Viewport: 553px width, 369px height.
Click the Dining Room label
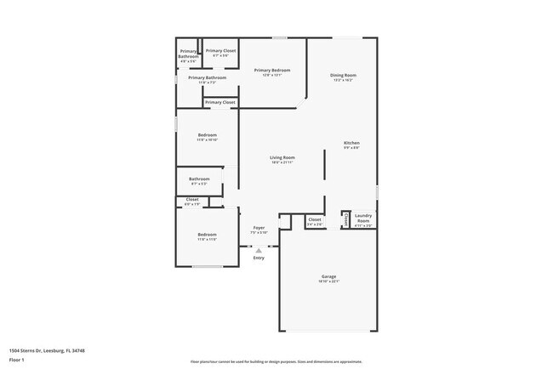click(x=343, y=76)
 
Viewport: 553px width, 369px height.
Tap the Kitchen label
click(x=351, y=142)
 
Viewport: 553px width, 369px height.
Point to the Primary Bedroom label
click(x=272, y=70)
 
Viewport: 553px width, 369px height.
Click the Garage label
click(x=329, y=277)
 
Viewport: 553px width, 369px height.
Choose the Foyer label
click(x=259, y=227)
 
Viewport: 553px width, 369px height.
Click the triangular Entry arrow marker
click(x=259, y=249)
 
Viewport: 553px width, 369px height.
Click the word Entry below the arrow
click(x=259, y=258)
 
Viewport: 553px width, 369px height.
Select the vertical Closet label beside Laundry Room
click(x=345, y=220)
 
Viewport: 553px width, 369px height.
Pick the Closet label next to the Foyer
click(x=314, y=219)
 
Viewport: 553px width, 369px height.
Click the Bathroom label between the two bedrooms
click(x=199, y=179)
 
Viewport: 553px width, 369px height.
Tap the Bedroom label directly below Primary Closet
click(x=208, y=134)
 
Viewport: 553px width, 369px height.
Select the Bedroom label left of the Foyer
click(x=208, y=234)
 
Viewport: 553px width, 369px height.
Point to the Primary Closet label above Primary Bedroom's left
click(x=220, y=50)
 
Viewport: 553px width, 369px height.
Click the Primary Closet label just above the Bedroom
click(x=219, y=102)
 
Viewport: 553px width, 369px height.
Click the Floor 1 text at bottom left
click(x=18, y=360)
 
